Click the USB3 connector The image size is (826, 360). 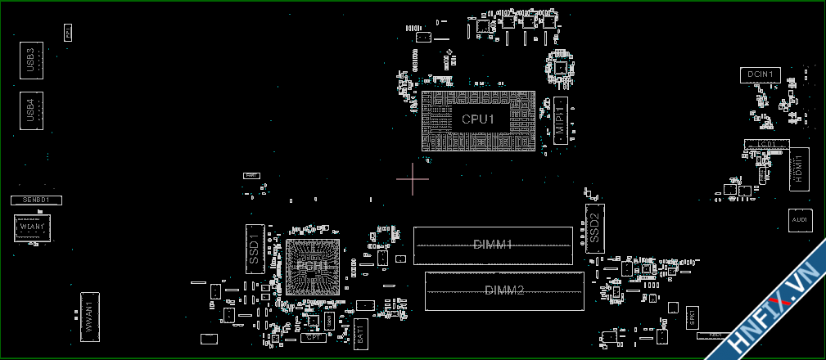[30, 61]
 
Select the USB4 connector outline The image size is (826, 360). [30, 110]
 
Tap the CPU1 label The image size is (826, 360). [478, 119]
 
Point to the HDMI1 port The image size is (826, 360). [799, 169]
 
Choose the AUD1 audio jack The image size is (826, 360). [800, 220]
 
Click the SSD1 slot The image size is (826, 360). [255, 248]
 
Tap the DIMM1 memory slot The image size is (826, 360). [493, 245]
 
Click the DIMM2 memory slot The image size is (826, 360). [504, 290]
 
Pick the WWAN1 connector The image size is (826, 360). [89, 316]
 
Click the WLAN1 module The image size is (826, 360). [33, 227]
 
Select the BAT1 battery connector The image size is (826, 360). [361, 334]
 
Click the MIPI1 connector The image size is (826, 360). [561, 119]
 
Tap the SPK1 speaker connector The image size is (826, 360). [692, 317]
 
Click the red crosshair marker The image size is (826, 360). [413, 179]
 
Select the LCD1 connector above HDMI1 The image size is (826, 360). [765, 144]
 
